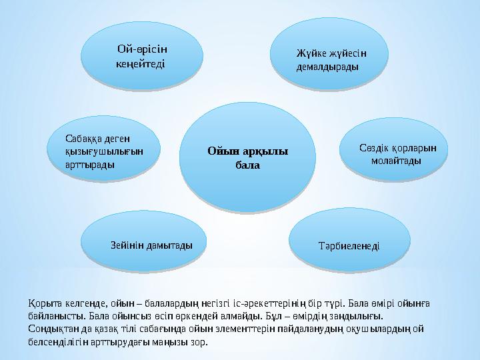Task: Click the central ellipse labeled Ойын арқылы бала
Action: [247, 158]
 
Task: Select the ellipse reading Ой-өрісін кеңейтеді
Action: [141, 56]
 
